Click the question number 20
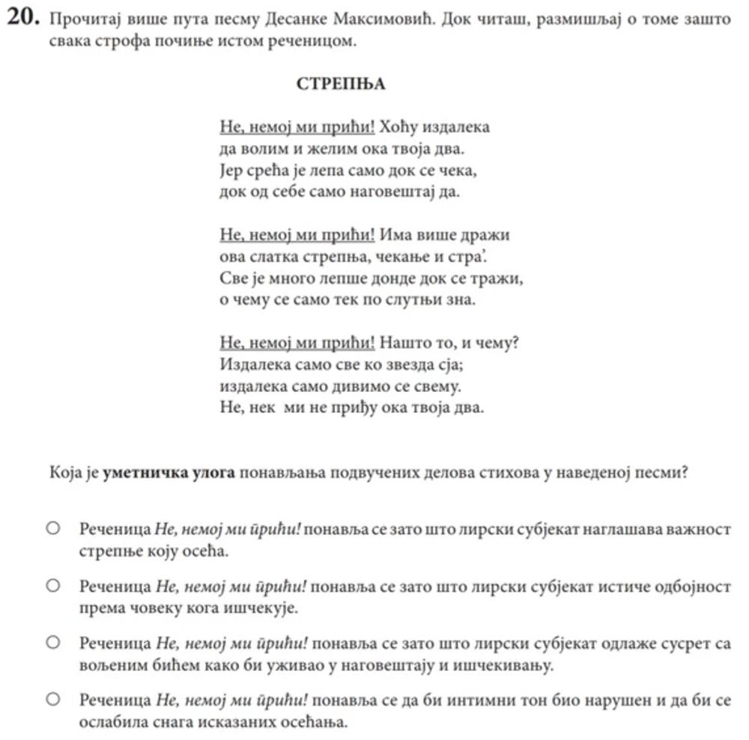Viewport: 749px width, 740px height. point(23,19)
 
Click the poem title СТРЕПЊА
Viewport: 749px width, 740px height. point(341,84)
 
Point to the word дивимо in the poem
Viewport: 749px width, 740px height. point(354,387)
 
